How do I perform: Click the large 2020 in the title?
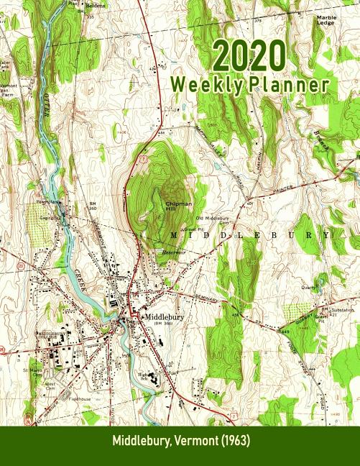(x=249, y=55)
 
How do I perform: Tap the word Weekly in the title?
(x=208, y=85)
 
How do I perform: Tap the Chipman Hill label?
(x=167, y=207)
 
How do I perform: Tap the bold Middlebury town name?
(x=165, y=316)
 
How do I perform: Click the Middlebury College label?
(x=51, y=335)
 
